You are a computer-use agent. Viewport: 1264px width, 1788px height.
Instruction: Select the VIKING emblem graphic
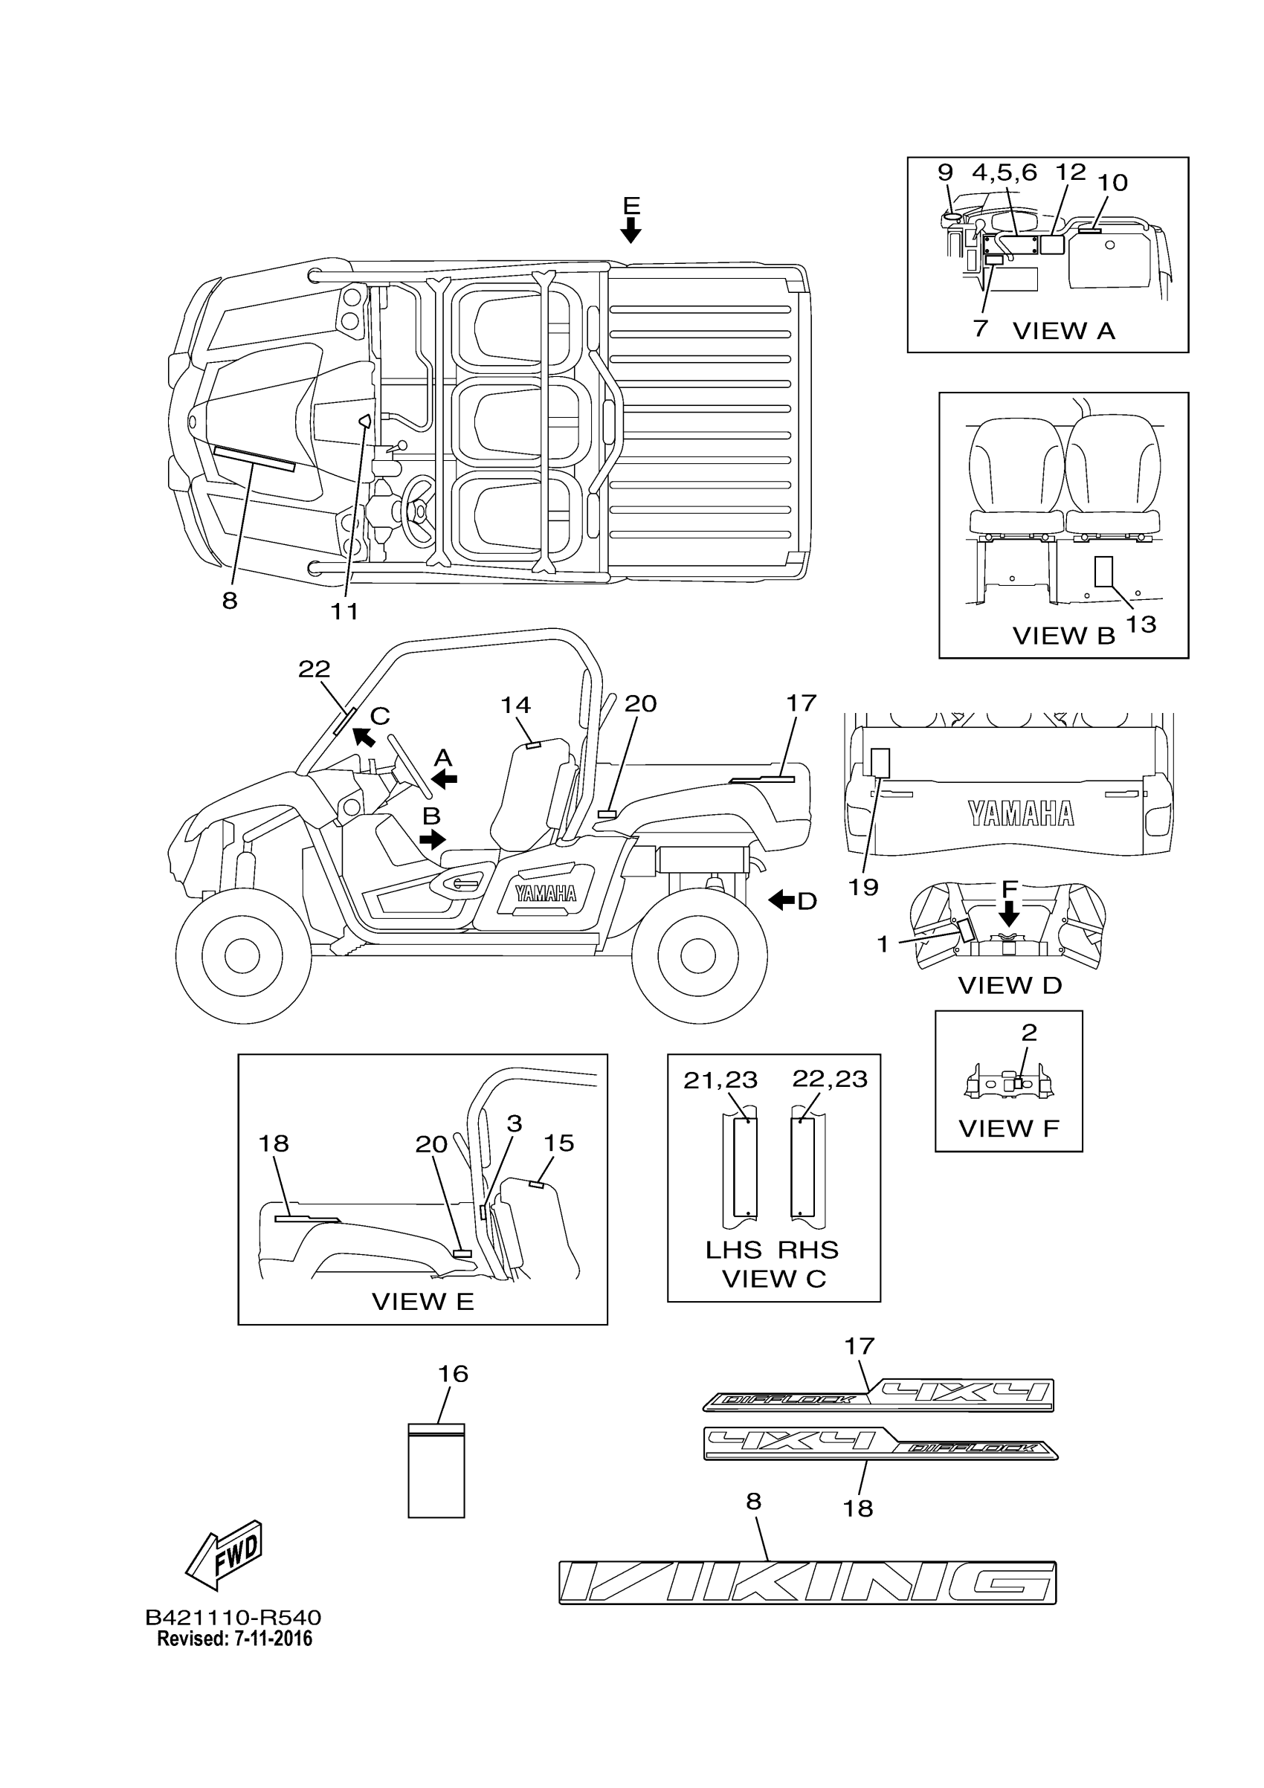(807, 1582)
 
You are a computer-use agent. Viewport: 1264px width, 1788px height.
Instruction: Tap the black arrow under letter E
(631, 230)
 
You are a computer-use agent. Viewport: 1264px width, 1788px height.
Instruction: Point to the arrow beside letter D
(782, 900)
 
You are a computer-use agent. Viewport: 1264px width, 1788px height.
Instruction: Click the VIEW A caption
(1064, 331)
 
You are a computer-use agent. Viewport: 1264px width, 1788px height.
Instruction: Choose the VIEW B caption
(1064, 636)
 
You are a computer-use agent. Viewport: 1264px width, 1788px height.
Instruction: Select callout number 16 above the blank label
(453, 1373)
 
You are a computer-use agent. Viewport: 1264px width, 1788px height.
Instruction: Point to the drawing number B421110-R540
(233, 1618)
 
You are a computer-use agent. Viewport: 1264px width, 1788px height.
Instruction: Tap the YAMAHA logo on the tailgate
(1021, 814)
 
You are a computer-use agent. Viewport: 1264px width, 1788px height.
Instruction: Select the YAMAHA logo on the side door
(545, 893)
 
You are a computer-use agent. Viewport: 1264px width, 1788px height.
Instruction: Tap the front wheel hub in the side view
(242, 955)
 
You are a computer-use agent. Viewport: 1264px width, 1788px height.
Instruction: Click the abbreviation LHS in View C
(733, 1250)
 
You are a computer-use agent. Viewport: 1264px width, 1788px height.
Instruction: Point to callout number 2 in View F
(1029, 1033)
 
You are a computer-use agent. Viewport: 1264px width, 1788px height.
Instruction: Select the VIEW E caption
(423, 1301)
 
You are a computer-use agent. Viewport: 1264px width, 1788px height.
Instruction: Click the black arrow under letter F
(1009, 913)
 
